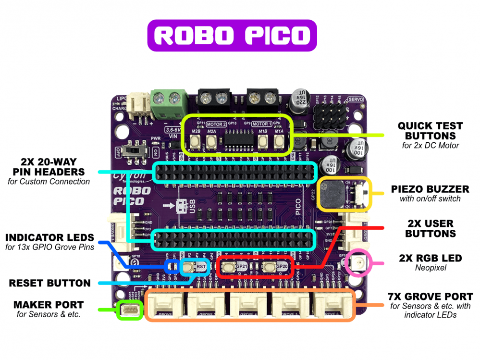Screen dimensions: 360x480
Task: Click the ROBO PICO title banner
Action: click(x=232, y=36)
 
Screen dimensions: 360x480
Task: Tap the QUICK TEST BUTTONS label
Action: click(x=430, y=130)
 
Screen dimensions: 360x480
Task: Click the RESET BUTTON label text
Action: click(x=49, y=283)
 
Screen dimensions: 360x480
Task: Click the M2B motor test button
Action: click(x=196, y=141)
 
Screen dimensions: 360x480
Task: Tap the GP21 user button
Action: click(x=228, y=267)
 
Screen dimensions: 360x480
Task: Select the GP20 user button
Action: click(x=269, y=267)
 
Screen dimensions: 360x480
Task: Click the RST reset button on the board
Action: click(x=189, y=266)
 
